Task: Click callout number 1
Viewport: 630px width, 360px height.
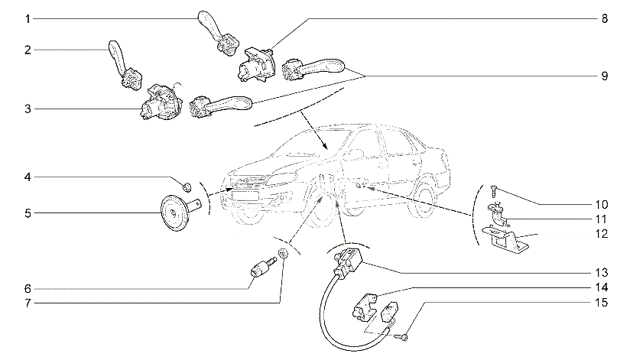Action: (28, 19)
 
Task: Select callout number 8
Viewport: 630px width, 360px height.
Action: (604, 18)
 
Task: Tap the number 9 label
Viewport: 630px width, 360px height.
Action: (604, 76)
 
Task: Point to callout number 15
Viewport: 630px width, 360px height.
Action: (601, 302)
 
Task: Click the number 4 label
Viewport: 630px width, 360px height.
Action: (28, 177)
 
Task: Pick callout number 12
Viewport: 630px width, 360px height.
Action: (601, 233)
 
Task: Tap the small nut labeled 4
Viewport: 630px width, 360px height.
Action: (187, 186)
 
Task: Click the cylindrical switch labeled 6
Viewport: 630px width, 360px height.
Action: (263, 267)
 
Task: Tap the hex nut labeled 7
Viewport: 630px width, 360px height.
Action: (282, 253)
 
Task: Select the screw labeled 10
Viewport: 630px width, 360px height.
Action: (494, 191)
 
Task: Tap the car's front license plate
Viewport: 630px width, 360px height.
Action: (245, 196)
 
